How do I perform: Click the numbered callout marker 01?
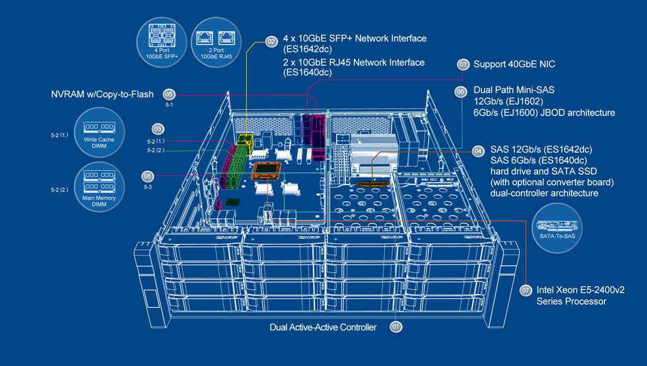tap(396, 326)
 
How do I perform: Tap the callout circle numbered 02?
tap(271, 42)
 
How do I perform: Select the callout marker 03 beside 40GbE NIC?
tap(463, 65)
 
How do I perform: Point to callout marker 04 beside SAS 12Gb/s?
tap(478, 151)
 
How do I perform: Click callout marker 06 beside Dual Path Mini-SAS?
tap(461, 92)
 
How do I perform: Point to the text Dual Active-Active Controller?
tap(323, 327)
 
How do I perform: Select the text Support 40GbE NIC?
tap(514, 65)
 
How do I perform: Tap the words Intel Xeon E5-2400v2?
tap(580, 290)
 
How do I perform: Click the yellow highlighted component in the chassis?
tap(245, 141)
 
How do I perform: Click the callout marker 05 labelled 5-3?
tap(148, 176)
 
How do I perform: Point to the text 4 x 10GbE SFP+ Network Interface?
tap(355, 39)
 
